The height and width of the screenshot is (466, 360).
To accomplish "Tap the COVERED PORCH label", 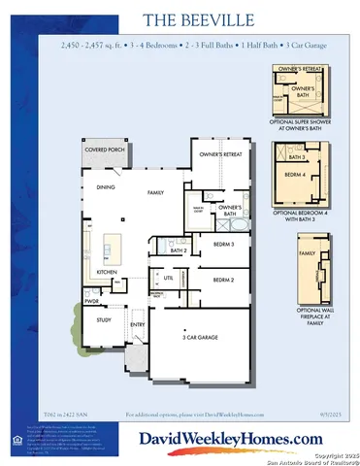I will pyautogui.click(x=104, y=150).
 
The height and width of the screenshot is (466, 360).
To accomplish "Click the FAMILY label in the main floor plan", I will pyautogui.click(x=155, y=193).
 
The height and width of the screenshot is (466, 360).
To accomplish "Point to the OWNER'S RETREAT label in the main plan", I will pyautogui.click(x=219, y=154).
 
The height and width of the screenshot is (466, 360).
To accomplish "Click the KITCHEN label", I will pyautogui.click(x=107, y=271).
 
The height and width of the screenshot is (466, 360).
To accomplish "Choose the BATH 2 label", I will pyautogui.click(x=178, y=250).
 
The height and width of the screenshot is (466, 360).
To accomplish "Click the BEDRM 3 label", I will pyautogui.click(x=224, y=246).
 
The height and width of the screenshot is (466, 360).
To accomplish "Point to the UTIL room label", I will pyautogui.click(x=168, y=278).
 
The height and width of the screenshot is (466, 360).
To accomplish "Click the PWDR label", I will pyautogui.click(x=91, y=301).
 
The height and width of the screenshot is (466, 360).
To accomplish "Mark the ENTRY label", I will pyautogui.click(x=137, y=324).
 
